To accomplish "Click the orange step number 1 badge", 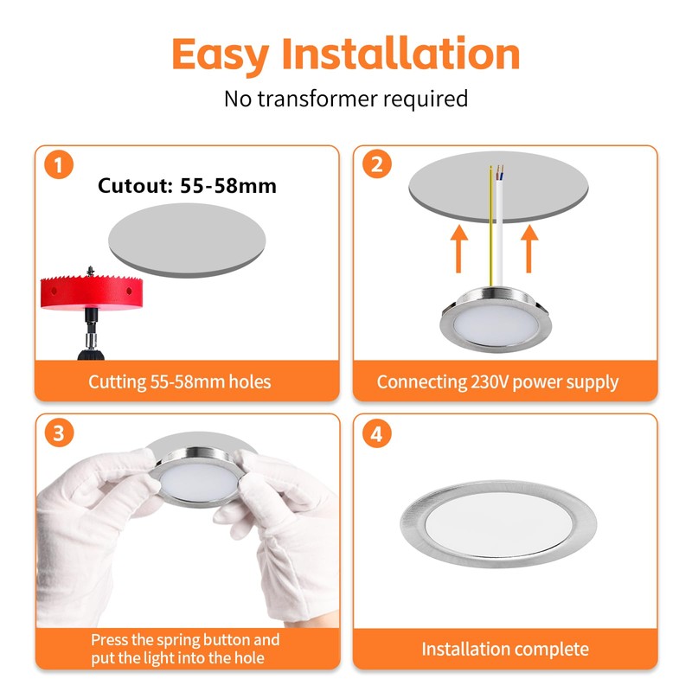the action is tap(59, 164).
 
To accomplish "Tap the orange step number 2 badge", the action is tap(376, 163).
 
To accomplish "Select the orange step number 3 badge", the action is tap(59, 432).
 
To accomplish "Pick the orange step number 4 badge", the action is tap(376, 433).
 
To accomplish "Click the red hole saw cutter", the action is tap(92, 292).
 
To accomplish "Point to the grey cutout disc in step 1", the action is tap(187, 240).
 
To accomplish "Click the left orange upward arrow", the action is tap(459, 248).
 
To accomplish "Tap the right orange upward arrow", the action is tap(529, 248).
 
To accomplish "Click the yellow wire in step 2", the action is tap(490, 226).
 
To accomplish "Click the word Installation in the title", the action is tap(400, 54).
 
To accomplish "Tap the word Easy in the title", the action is tap(220, 56).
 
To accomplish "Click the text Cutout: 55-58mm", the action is tap(187, 186).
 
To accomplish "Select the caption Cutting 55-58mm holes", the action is tap(180, 382).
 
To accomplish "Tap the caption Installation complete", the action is tap(505, 649).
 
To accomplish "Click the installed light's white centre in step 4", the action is tap(499, 524).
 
